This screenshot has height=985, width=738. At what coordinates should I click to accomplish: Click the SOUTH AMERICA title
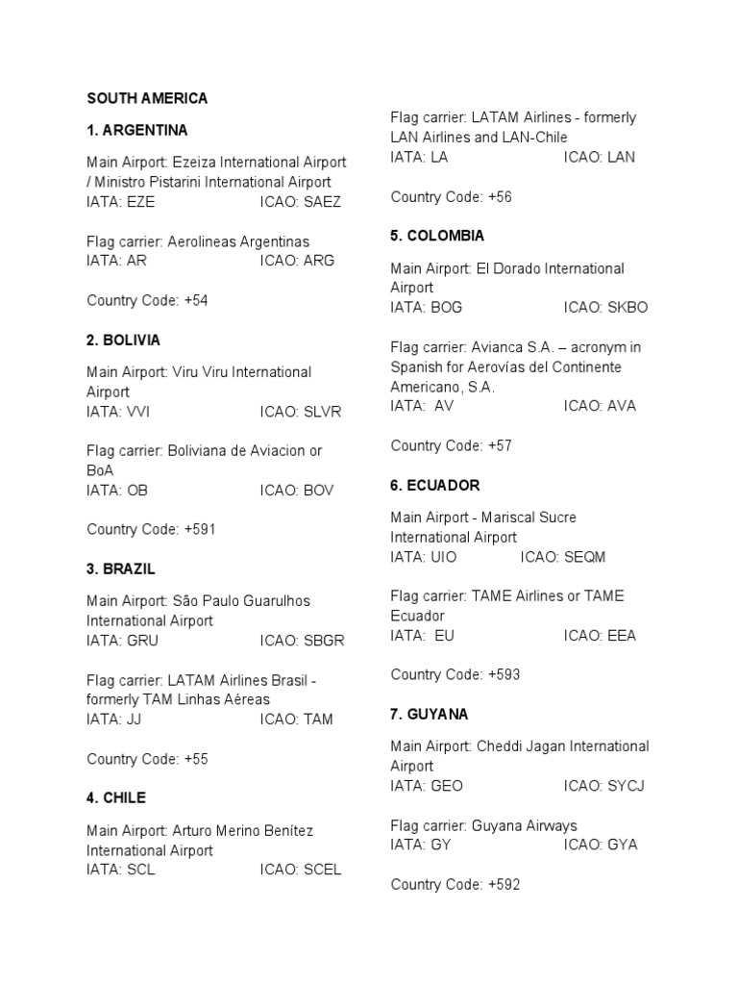pos(147,98)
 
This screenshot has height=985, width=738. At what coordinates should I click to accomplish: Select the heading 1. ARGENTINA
pos(137,130)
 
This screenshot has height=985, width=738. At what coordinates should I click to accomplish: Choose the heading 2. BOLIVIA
pos(123,341)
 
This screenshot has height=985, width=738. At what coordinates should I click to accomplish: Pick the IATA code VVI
pos(137,412)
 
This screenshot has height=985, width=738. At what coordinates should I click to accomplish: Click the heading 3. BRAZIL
pos(121,569)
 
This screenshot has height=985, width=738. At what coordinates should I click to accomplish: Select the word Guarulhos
pos(275,601)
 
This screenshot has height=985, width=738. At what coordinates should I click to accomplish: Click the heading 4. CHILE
pos(116,798)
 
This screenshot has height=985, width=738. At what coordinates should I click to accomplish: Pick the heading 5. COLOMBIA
pos(437,236)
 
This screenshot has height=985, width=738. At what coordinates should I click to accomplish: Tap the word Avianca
pos(498,347)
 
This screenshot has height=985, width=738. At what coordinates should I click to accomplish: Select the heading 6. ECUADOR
pos(434,486)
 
